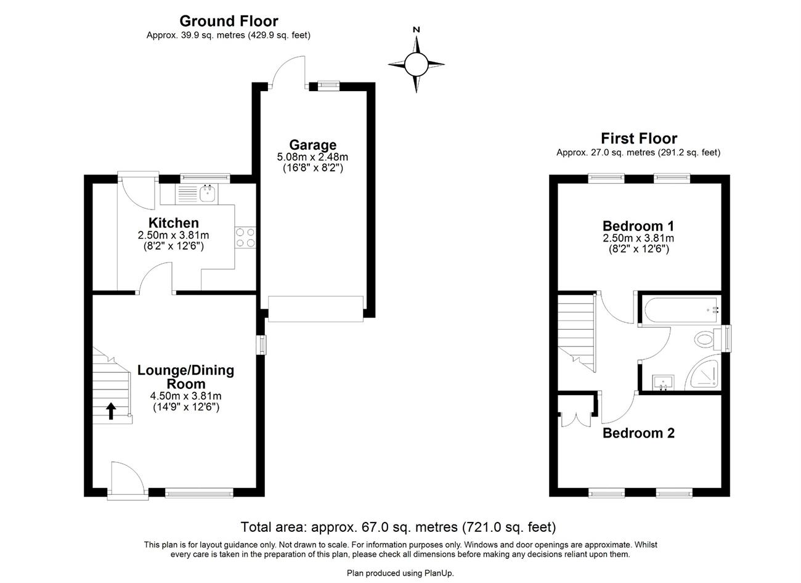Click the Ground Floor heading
click(x=229, y=22)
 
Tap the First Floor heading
click(x=639, y=139)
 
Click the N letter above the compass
click(x=417, y=30)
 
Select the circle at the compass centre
click(x=417, y=64)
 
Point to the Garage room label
click(x=313, y=145)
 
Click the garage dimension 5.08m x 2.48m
click(x=312, y=157)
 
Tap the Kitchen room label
click(x=174, y=223)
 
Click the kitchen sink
click(x=207, y=194)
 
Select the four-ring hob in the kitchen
click(x=245, y=238)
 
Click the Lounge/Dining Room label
click(x=186, y=377)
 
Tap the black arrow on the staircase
click(x=111, y=411)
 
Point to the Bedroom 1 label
click(x=638, y=226)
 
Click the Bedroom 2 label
click(x=639, y=433)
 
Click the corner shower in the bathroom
click(x=702, y=372)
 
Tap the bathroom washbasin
click(x=664, y=383)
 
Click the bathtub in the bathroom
click(x=680, y=311)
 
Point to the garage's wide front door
click(x=315, y=309)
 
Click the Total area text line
click(x=399, y=527)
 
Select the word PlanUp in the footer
click(x=439, y=573)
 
